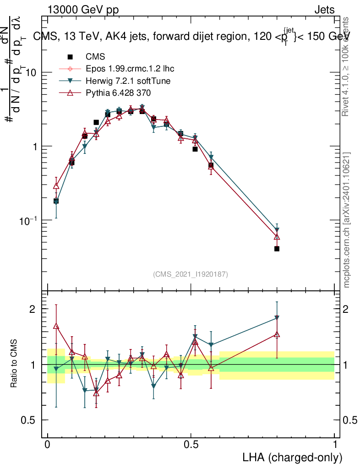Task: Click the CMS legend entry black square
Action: point(70,57)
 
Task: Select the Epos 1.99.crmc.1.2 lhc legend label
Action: point(130,69)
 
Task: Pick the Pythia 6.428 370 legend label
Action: point(119,93)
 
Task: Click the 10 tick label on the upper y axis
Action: point(31,73)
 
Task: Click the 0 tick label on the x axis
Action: point(48,445)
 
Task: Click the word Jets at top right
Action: point(324,10)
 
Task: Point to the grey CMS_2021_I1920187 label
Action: point(191,274)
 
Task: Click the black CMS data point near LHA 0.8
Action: point(277,249)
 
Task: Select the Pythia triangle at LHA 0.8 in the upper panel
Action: point(277,236)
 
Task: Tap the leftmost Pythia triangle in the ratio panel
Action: point(56,326)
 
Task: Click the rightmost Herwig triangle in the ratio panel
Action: point(277,317)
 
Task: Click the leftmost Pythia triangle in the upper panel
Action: point(56,185)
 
